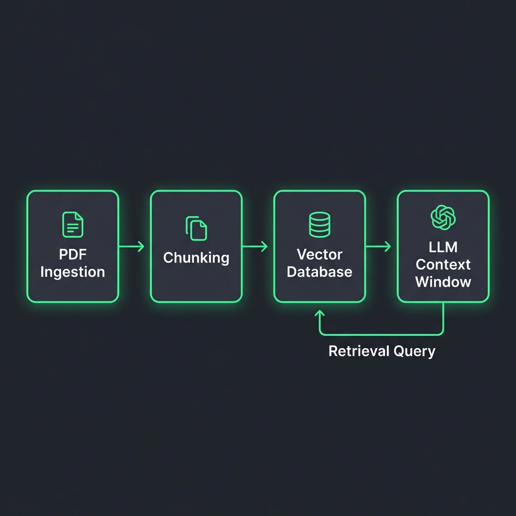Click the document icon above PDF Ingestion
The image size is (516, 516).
[73, 225]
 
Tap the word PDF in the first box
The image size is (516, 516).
[73, 254]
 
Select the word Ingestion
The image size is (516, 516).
[73, 272]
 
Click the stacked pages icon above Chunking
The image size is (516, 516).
[196, 228]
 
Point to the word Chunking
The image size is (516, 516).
[196, 257]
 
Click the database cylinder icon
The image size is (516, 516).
[319, 225]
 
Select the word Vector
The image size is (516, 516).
[319, 254]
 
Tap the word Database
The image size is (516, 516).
[319, 272]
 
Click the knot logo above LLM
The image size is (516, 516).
[443, 218]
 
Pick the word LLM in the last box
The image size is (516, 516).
[443, 247]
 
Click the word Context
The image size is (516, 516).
[443, 265]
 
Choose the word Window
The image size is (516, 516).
[443, 282]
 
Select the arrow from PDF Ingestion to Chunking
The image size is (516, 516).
[132, 246]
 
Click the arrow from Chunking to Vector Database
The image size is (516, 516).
[255, 246]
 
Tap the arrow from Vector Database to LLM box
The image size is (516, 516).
[379, 246]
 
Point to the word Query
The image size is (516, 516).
[415, 351]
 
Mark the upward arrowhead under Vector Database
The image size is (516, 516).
[319, 313]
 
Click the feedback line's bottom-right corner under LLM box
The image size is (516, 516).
[442, 333]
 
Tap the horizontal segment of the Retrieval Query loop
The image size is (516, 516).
[381, 335]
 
